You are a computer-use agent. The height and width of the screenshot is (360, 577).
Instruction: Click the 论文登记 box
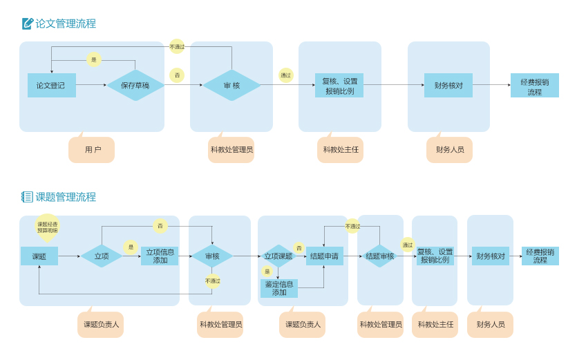[51, 86]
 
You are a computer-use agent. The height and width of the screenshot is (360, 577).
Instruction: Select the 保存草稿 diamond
[135, 86]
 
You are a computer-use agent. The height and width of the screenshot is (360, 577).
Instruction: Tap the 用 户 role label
[92, 149]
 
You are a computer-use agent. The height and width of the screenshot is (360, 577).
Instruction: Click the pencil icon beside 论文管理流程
[28, 23]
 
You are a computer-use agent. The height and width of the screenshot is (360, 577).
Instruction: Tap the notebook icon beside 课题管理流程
[27, 197]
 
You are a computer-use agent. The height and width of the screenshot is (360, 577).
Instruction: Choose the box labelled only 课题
[39, 256]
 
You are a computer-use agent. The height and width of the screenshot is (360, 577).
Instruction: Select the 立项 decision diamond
[102, 256]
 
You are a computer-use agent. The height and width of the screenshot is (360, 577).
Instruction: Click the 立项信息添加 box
[160, 256]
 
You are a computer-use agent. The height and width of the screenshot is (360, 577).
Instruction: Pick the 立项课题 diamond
[278, 256]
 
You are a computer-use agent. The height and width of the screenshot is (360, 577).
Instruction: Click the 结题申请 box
[324, 256]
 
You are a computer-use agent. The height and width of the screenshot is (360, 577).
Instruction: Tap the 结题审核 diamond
[379, 256]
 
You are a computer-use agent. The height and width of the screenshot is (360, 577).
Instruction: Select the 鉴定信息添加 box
[279, 288]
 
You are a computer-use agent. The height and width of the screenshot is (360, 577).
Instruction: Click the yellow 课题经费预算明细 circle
[48, 227]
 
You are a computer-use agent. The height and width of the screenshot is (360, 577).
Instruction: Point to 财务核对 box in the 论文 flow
[448, 86]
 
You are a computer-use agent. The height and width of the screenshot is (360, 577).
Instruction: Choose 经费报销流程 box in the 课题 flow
[540, 256]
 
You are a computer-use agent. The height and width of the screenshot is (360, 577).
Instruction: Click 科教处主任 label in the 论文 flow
[340, 149]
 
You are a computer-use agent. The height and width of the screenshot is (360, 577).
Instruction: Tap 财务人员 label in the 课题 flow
[490, 324]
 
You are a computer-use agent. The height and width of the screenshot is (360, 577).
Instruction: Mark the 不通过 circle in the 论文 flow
[177, 46]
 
